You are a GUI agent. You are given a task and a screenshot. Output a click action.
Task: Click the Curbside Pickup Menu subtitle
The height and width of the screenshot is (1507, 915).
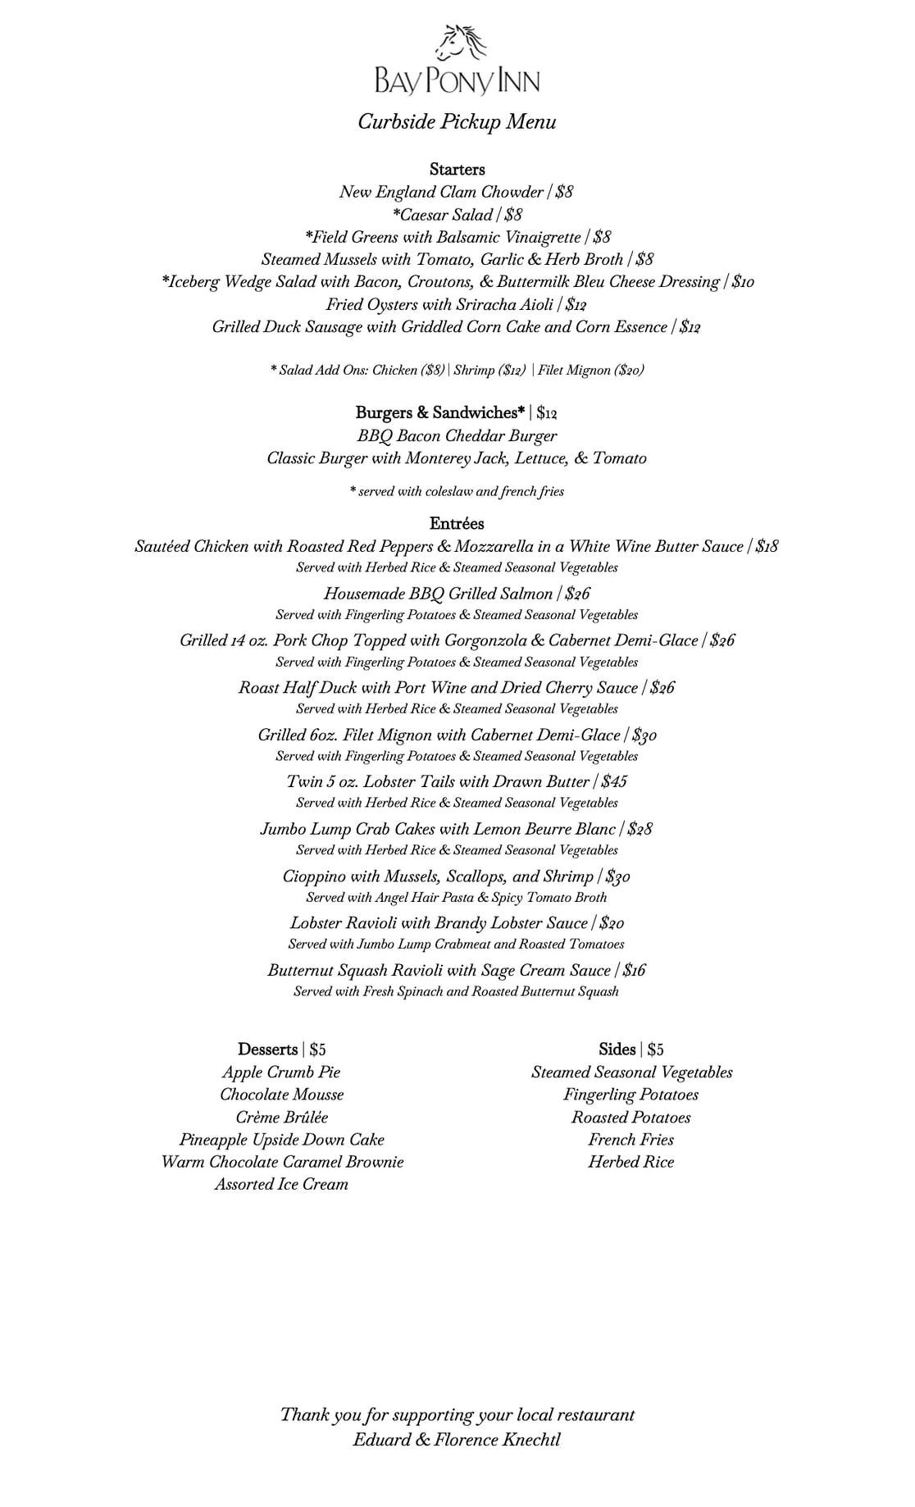pos(457,122)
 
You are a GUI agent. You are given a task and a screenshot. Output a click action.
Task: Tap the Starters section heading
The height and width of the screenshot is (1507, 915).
pos(457,170)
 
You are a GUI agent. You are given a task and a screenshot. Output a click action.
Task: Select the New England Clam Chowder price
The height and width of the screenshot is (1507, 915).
pos(564,193)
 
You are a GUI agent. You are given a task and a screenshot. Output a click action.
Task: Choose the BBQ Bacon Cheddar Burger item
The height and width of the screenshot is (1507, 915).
pos(457,436)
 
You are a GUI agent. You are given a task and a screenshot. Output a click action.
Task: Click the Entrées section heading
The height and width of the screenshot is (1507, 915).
pos(457,524)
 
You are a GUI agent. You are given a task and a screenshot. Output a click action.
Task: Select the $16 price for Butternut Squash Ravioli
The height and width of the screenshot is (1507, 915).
pos(634,971)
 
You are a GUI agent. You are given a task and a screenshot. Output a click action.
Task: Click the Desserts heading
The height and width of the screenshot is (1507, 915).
pos(268,1049)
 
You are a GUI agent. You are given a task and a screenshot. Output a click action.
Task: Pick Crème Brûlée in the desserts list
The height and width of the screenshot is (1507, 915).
pos(281,1118)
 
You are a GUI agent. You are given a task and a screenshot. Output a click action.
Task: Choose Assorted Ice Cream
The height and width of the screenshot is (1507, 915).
pos(281,1185)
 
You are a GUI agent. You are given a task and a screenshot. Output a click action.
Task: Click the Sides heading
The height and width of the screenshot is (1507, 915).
pos(617,1049)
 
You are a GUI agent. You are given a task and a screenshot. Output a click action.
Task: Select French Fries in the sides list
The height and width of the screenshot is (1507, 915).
pos(630,1140)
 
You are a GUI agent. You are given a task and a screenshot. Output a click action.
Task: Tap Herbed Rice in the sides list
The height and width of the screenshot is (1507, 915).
pos(630,1162)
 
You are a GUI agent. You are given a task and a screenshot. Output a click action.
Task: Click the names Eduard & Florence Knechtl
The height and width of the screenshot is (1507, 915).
pos(457,1440)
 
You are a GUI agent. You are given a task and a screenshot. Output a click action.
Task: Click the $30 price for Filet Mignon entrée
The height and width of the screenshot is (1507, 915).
pos(644,735)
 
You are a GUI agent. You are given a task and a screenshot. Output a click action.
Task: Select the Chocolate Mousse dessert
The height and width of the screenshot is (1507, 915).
pos(281,1095)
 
